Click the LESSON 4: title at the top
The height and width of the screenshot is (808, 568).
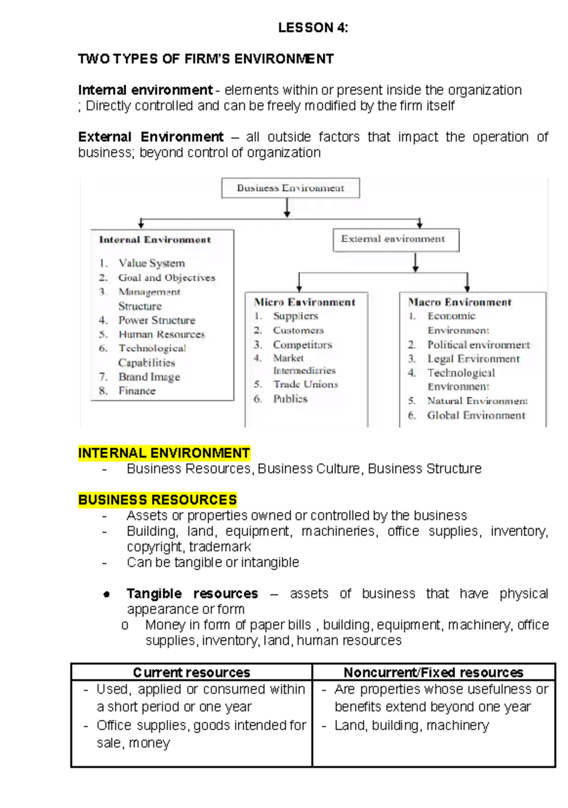313,28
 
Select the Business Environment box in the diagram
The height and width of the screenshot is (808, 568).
290,188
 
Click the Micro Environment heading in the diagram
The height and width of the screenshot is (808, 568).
304,302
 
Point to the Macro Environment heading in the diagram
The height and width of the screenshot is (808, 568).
460,302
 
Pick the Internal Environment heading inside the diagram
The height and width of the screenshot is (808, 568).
155,240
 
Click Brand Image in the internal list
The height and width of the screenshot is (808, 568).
149,377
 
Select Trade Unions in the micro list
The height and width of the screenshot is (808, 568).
305,384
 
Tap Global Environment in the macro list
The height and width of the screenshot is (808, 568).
476,416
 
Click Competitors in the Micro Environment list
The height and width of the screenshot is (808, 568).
302,345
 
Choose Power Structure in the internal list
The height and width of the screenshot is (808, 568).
157,320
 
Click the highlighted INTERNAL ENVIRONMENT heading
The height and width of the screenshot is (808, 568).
164,453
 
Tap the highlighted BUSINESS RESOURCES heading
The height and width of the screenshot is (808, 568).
157,500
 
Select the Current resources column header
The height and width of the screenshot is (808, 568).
191,672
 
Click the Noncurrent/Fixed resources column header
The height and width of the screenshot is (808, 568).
433,672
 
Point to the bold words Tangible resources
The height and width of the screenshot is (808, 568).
192,594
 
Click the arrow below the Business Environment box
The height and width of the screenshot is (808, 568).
287,207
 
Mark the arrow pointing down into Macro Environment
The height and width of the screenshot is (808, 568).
467,283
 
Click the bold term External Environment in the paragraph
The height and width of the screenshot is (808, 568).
151,137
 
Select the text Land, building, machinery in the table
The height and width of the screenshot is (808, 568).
411,725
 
